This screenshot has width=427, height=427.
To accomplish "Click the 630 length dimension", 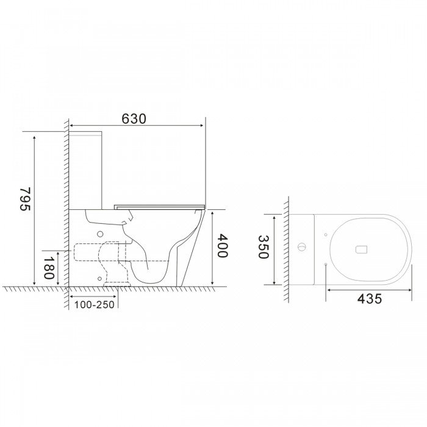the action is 134,119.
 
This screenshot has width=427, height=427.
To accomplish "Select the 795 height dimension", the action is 25,199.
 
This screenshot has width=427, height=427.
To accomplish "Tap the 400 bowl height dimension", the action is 221,246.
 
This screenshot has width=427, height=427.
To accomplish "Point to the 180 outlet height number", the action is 48,268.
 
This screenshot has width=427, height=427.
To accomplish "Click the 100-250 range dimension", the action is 94,305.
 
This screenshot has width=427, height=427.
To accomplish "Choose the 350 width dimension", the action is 263,246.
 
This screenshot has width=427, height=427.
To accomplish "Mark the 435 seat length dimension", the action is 370,299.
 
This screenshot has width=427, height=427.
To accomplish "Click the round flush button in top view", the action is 302,247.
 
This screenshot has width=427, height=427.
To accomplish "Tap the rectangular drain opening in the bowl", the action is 362,249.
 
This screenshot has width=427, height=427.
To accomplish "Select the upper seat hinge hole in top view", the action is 325,234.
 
